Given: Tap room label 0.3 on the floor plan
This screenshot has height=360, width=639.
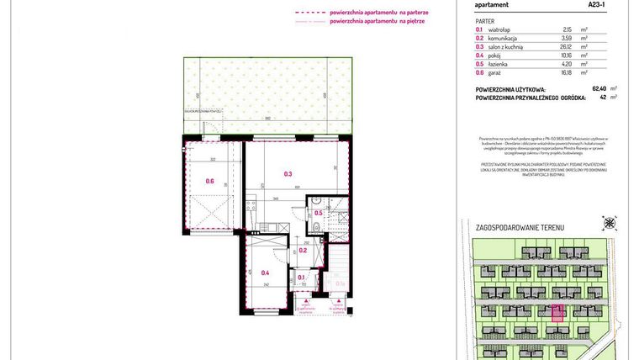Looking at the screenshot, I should [x=288, y=174].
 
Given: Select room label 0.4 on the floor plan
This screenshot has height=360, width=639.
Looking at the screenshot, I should [x=265, y=273].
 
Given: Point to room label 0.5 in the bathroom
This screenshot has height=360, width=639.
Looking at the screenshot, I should [x=319, y=214].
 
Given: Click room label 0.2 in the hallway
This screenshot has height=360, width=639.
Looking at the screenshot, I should [x=304, y=251].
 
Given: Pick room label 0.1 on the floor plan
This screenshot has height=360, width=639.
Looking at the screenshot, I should [x=301, y=277].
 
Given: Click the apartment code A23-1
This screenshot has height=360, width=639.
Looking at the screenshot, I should [x=599, y=4].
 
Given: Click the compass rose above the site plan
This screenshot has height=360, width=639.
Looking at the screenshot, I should [x=609, y=223].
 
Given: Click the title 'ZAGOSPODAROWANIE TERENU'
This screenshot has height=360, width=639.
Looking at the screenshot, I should [x=520, y=228].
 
